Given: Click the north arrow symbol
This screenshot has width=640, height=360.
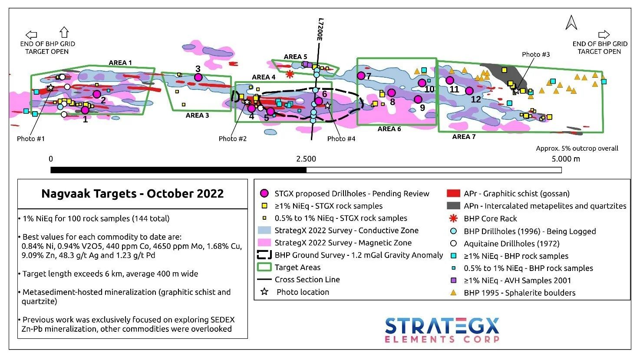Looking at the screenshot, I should (571, 23).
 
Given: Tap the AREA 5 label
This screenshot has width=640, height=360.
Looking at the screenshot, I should (295, 57).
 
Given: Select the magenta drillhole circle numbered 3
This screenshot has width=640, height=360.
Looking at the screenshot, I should (198, 77).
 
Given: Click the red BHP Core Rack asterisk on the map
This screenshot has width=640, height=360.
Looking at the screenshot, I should (290, 74).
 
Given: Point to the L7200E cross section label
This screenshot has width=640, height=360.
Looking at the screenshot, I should (320, 30).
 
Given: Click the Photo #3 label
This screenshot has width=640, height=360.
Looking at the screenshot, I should (535, 54).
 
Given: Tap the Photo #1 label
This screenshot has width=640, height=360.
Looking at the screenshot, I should (30, 139).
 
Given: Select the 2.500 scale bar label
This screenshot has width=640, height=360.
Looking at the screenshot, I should (306, 159).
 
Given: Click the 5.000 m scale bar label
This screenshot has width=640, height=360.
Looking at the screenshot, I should (565, 159).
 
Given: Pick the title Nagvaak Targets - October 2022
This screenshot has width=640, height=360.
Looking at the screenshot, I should (132, 194).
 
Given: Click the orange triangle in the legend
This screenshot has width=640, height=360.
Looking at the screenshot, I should (454, 293).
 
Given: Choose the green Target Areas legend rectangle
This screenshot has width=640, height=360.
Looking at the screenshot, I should (264, 268).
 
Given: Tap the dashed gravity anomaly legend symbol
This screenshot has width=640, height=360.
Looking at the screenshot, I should (264, 255).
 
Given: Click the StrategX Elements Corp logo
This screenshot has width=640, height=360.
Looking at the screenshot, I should (442, 330).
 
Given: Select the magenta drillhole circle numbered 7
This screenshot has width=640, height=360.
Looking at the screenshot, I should (361, 76).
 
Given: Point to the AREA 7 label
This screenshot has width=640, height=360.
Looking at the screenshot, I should (464, 137).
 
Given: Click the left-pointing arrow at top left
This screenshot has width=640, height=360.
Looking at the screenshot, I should (31, 35).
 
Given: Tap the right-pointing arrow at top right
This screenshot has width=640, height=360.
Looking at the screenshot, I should (604, 35).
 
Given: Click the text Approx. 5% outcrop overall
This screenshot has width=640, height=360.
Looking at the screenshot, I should (577, 149).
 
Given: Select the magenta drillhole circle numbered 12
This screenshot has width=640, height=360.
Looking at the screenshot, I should (469, 91).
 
